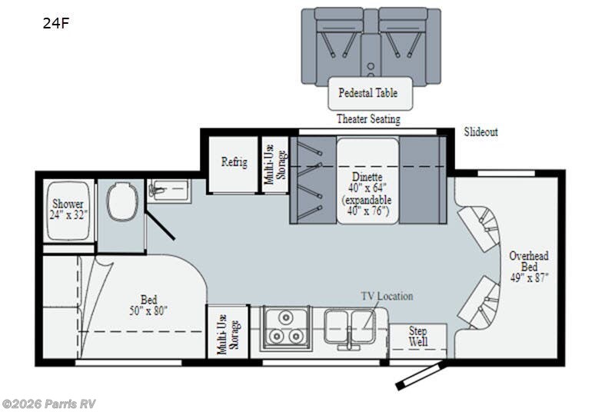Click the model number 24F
tap(56, 23)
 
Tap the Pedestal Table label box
tap(368, 94)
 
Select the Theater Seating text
tap(368, 119)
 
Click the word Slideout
tap(480, 132)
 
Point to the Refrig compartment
tap(234, 163)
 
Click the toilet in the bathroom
tap(121, 201)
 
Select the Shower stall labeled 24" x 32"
tap(68, 210)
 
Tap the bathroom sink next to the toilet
tap(168, 189)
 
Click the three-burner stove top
tap(285, 328)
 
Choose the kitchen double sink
tap(349, 328)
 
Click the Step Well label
tap(417, 336)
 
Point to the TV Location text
tap(387, 296)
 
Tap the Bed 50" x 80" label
tap(148, 305)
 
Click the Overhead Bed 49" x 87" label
tap(528, 265)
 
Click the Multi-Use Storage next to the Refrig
tap(274, 164)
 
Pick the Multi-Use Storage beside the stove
tap(226, 332)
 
